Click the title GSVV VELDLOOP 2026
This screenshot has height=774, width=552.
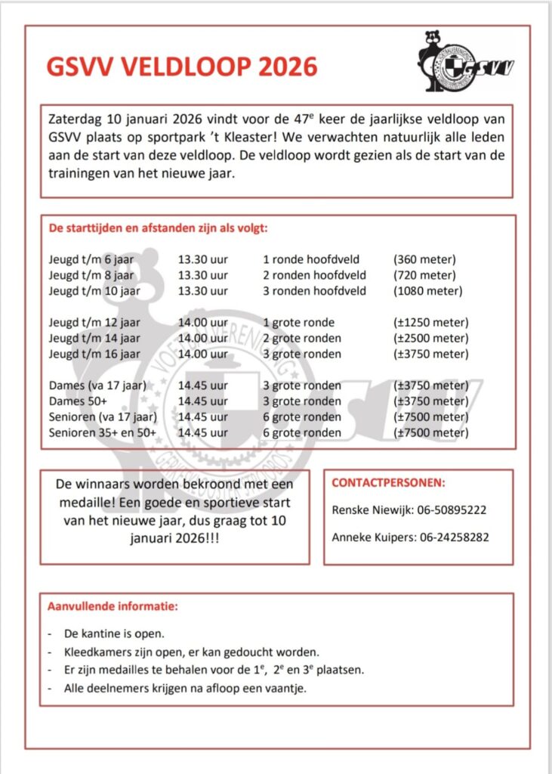tap(182, 67)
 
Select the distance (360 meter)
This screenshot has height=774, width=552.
tap(424, 259)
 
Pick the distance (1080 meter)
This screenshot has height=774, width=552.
tap(427, 290)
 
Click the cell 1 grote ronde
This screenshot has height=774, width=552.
tap(298, 322)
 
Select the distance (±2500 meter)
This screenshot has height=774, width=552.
tap(430, 338)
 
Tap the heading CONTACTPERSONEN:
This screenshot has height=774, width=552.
tap(389, 482)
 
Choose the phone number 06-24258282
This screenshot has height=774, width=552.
tap(452, 537)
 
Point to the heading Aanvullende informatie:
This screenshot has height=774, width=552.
tap(113, 606)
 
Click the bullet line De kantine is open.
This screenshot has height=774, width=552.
tap(113, 633)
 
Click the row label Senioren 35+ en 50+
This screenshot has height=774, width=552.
tap(103, 433)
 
